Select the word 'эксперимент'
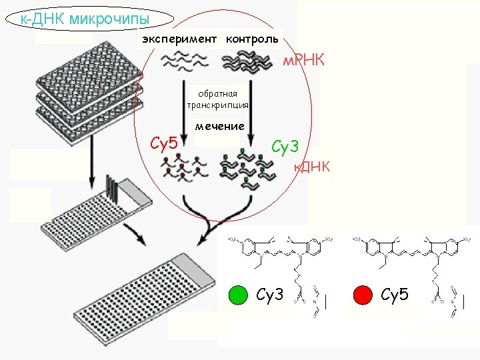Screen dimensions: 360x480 (x=179, y=39)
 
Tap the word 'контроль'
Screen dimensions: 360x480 (x=252, y=39)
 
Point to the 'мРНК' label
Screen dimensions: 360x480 (x=303, y=61)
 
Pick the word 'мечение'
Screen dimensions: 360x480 (x=219, y=126)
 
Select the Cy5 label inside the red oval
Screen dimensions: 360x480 (x=164, y=143)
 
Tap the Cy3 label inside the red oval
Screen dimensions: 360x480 (x=285, y=145)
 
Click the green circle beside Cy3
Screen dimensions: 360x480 (x=237, y=295)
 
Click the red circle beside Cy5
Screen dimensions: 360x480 (x=363, y=295)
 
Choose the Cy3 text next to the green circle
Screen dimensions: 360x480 (x=270, y=295)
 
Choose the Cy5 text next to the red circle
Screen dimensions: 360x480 (x=395, y=295)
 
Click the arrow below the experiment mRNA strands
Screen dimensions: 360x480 (x=181, y=110)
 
